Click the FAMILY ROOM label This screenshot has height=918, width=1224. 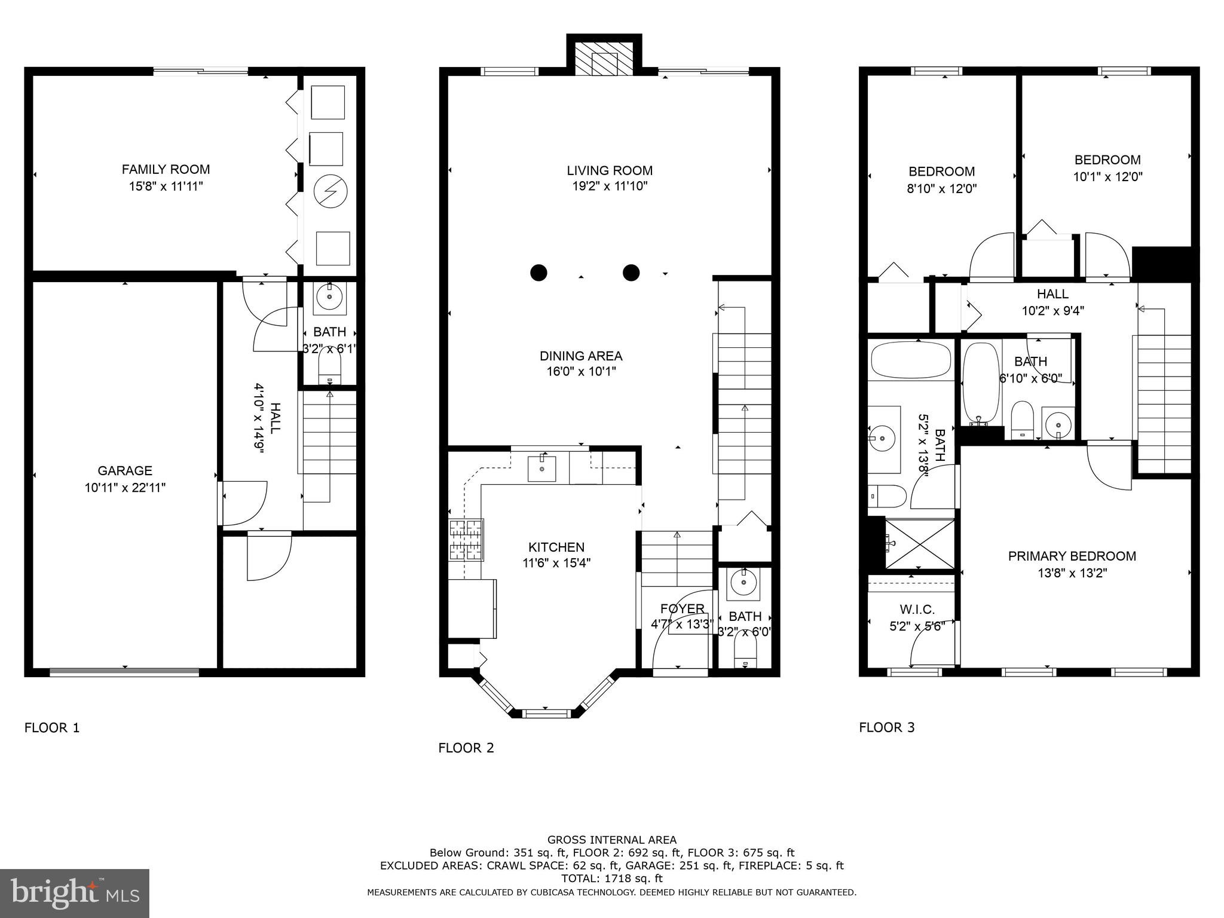166,169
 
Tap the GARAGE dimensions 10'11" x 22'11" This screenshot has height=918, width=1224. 125,488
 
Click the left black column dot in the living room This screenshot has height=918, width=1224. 538,273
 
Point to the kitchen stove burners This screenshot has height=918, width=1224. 466,540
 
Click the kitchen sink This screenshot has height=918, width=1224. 541,469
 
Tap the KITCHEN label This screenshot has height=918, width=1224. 556,547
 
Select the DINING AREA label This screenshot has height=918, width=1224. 581,356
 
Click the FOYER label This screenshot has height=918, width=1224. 682,608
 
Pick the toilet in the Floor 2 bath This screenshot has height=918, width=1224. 745,656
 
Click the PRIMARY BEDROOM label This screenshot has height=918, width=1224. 1072,556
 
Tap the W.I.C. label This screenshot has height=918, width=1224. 917,610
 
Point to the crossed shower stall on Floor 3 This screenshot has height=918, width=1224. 919,544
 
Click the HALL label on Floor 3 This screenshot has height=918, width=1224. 1052,294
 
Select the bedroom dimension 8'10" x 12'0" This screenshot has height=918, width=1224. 941,189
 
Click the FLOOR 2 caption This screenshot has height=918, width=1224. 466,748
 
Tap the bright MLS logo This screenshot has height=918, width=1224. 75,893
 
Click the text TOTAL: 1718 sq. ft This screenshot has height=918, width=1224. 611,879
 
